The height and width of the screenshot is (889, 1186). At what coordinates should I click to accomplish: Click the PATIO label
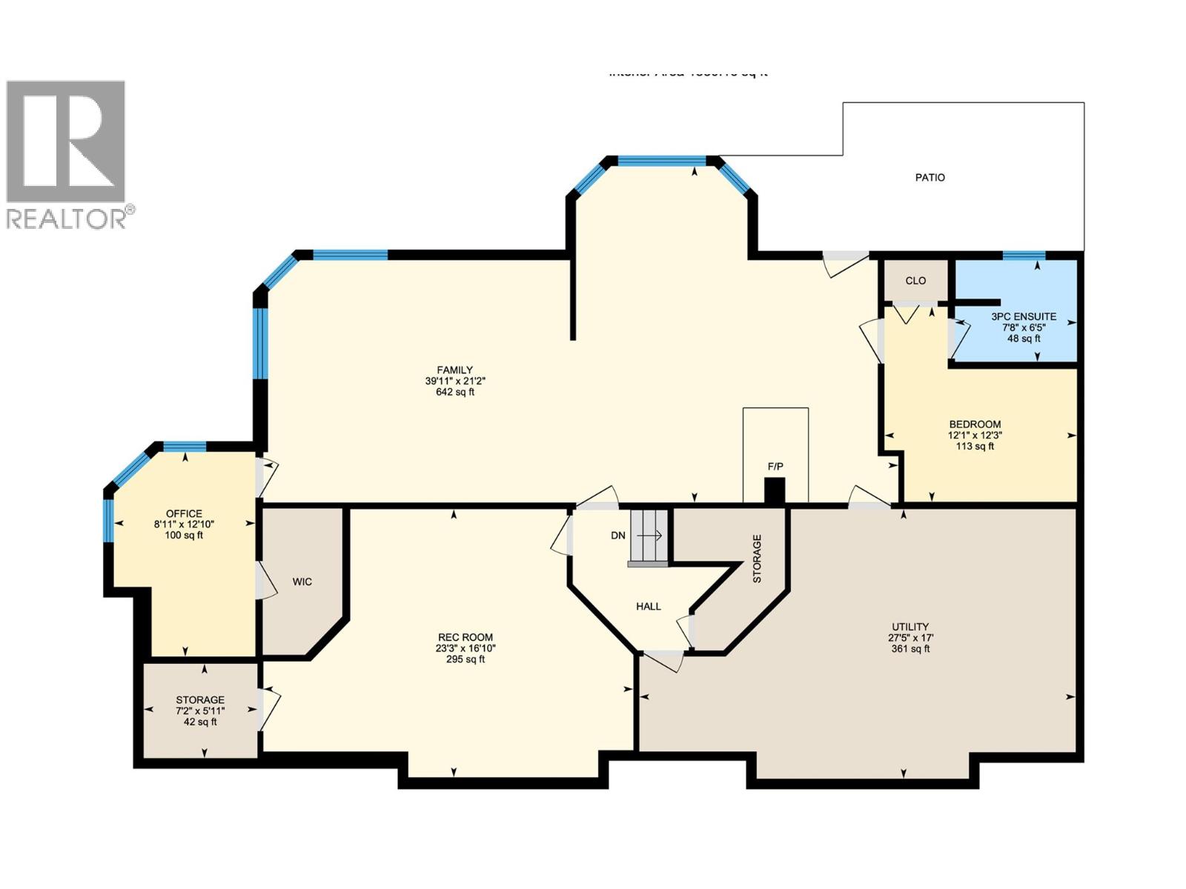point(930,178)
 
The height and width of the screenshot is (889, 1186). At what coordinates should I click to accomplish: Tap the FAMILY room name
point(454,370)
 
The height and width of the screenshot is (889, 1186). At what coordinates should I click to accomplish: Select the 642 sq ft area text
point(454,392)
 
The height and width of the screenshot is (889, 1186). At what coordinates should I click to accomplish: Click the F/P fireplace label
point(775,467)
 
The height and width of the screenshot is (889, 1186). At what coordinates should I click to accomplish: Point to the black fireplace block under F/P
point(775,492)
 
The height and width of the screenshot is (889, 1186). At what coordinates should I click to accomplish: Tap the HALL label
point(649,607)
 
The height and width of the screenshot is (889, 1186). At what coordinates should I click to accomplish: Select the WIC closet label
point(302,582)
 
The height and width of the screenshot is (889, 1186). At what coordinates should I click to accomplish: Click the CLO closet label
point(915,281)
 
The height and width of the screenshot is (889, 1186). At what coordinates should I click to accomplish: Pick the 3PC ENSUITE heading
point(1024,316)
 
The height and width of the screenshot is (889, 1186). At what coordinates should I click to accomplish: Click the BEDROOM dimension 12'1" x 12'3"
point(975,436)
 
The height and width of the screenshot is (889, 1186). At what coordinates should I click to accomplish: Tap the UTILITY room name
point(910,627)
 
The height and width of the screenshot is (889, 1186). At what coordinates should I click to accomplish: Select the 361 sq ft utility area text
point(910,649)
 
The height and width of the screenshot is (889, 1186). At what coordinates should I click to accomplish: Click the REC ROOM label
point(465,637)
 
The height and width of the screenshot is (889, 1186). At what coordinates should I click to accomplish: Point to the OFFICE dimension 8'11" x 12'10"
point(184,525)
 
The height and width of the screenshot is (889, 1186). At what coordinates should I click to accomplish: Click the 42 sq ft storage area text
point(200,722)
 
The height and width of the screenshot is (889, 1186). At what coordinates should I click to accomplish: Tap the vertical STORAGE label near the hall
point(757,559)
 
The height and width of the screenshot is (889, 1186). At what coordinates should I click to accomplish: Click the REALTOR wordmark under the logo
point(67,219)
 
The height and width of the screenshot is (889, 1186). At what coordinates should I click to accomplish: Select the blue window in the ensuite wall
point(1024,256)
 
